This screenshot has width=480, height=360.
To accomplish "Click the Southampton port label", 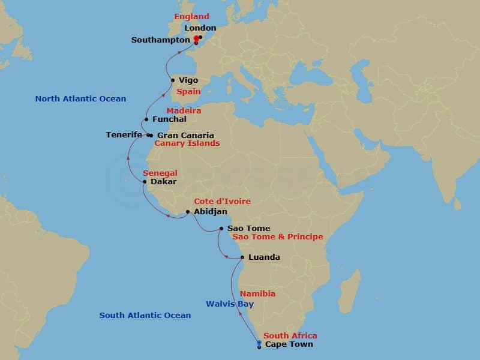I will [160, 40].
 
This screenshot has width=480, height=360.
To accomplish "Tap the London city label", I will [200, 28].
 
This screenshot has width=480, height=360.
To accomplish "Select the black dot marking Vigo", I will [173, 80].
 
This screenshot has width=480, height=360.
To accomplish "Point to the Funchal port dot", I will [146, 119].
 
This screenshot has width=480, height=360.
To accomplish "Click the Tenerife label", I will [124, 135].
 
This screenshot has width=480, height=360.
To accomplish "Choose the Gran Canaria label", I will [185, 135].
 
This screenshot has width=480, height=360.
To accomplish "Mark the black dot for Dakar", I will [145, 181].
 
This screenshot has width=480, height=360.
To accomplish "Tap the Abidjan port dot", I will [188, 212].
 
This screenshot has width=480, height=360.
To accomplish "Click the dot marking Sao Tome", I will [222, 229].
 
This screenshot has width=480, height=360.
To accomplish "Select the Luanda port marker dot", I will [242, 257].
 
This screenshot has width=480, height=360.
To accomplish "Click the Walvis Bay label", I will [230, 304].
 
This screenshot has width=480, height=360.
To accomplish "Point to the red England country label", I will [192, 17].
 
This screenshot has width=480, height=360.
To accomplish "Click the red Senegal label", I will [160, 173].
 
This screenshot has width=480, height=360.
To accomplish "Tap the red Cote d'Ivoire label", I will [222, 202].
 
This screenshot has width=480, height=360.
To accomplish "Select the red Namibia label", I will [257, 294].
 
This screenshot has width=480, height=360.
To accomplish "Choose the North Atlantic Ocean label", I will [80, 98].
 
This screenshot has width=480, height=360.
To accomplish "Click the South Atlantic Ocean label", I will [145, 315].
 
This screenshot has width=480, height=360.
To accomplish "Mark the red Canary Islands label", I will [187, 143].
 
